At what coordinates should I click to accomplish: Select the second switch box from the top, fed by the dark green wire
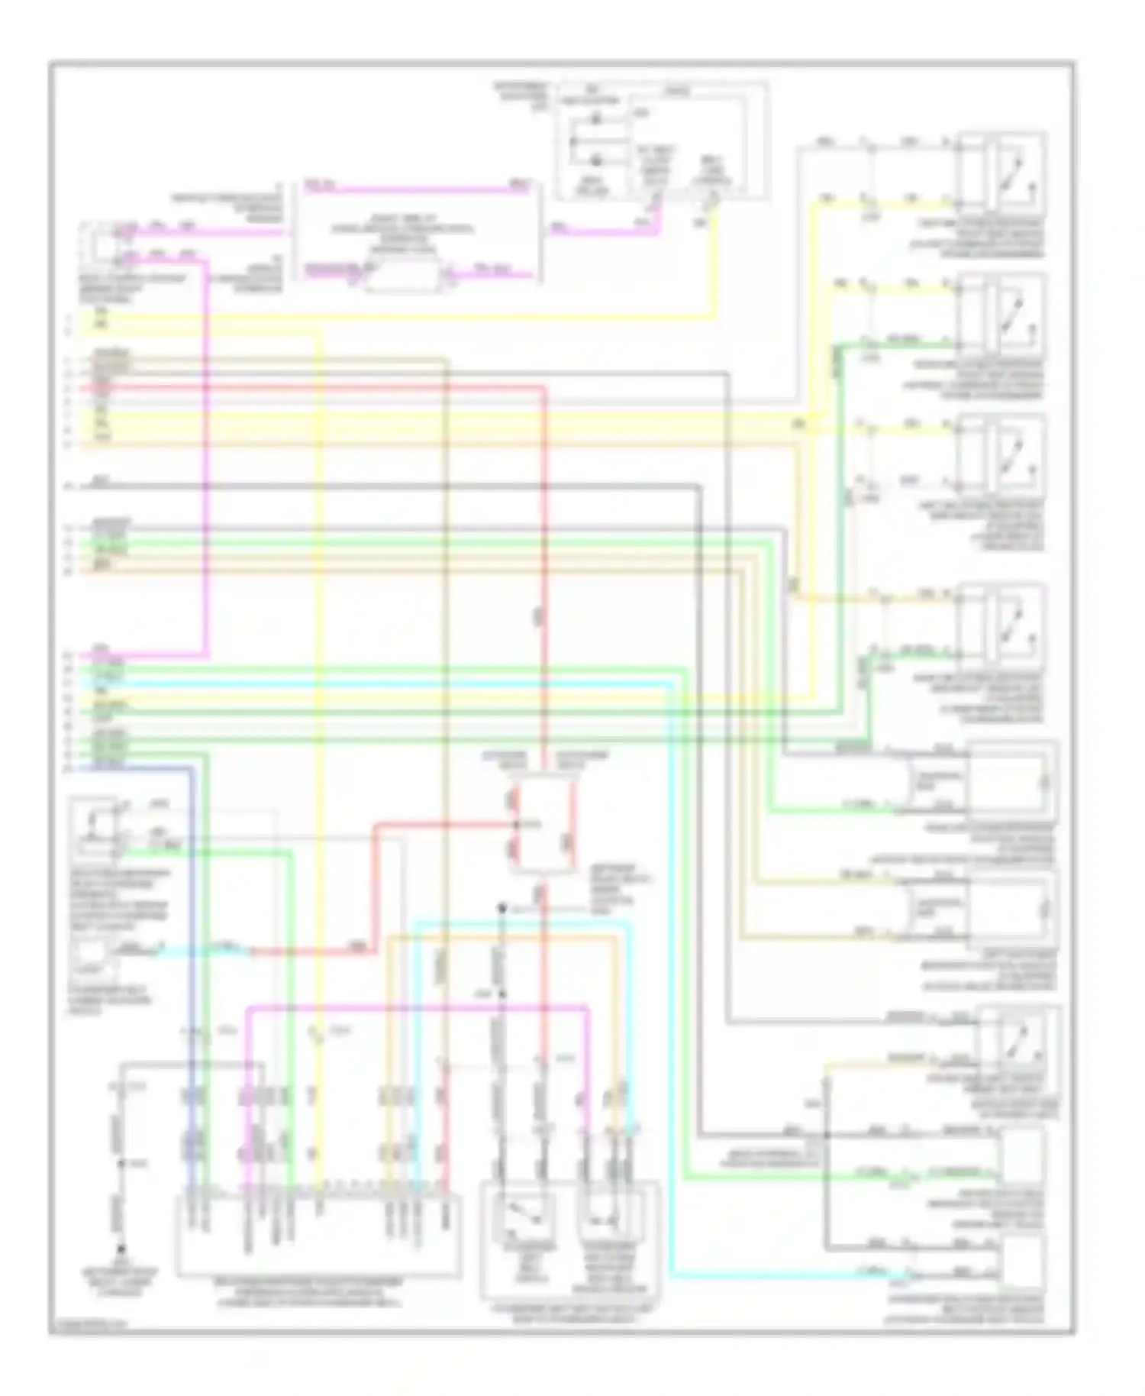point(1001,315)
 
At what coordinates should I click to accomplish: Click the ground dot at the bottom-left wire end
point(121,1251)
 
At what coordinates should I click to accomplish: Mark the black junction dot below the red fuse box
point(502,909)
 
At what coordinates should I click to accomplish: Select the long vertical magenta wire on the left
point(206,458)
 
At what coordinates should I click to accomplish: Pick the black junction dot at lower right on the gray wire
point(826,1136)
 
